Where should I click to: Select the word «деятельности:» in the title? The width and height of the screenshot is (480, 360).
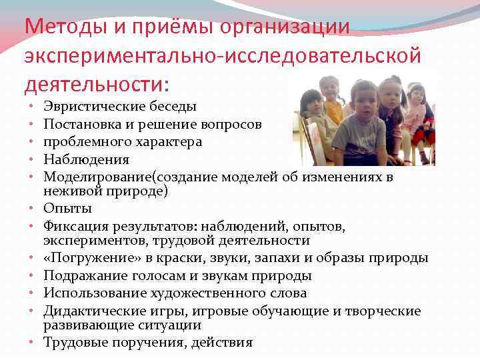(x=97, y=85)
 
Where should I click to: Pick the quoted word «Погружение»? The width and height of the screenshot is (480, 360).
(x=87, y=258)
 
